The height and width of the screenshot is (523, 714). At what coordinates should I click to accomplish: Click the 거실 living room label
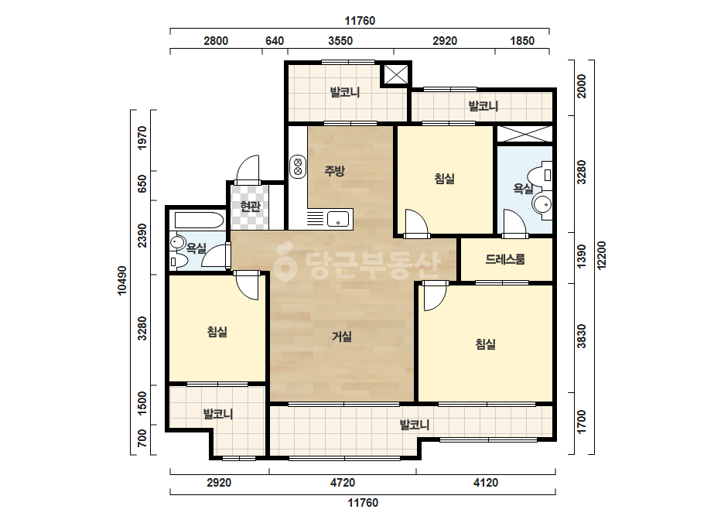click(x=341, y=337)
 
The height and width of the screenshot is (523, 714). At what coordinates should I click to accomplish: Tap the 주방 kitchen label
click(x=335, y=171)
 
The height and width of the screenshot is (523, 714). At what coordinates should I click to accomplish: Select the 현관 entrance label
click(x=250, y=207)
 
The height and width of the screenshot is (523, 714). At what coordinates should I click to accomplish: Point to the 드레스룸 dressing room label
click(x=505, y=259)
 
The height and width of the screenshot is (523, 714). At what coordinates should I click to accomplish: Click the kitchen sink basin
click(x=337, y=219)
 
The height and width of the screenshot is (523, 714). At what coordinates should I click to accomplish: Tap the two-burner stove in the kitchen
click(x=298, y=166)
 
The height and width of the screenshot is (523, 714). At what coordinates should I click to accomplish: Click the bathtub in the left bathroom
click(x=199, y=220)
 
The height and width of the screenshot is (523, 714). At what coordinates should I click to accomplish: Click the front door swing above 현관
click(x=248, y=169)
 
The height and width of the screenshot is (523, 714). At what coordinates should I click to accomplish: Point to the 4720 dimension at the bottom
click(x=343, y=483)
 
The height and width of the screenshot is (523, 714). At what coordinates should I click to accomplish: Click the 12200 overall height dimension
click(x=602, y=255)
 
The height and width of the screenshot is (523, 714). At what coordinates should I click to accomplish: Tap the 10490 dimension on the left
click(x=122, y=281)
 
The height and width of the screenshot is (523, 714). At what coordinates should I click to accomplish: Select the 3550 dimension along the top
click(x=340, y=41)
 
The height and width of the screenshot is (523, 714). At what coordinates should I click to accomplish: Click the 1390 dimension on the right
click(x=582, y=257)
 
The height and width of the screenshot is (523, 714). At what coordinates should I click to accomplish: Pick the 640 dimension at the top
click(x=275, y=41)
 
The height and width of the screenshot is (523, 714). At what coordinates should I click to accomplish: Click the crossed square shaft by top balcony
click(x=396, y=73)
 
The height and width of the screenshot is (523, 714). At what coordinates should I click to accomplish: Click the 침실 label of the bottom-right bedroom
click(x=485, y=344)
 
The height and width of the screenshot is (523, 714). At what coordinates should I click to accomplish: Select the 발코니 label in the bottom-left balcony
click(x=218, y=414)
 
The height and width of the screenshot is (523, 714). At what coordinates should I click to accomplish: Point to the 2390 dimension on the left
click(x=142, y=235)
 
